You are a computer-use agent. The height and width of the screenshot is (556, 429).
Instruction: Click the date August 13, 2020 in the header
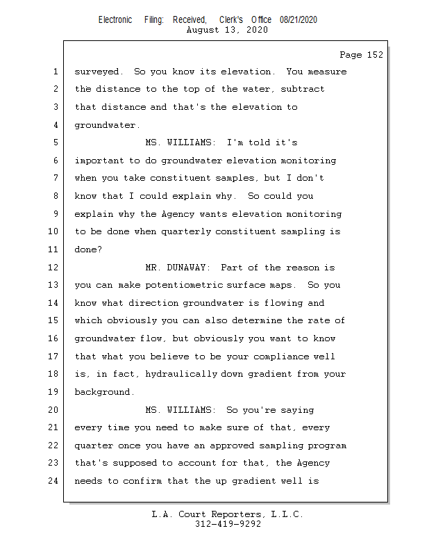(228, 31)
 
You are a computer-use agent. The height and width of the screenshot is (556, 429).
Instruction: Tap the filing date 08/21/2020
(298, 20)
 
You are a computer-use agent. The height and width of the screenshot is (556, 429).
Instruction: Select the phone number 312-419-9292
(228, 524)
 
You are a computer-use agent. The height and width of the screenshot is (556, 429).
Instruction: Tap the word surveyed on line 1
(97, 72)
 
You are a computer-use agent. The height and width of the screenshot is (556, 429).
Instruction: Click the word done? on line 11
(88, 250)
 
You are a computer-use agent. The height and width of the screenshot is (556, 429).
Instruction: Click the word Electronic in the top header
(115, 20)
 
